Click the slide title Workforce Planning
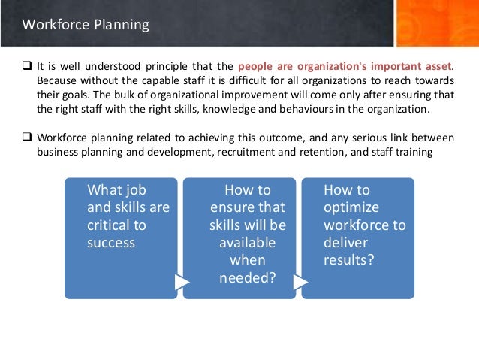[x=86, y=25]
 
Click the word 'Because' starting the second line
[x=56, y=81]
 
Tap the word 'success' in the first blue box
[x=111, y=243]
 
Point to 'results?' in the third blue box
[x=349, y=260]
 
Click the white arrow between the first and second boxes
[x=181, y=282]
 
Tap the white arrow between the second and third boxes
[x=300, y=282]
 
